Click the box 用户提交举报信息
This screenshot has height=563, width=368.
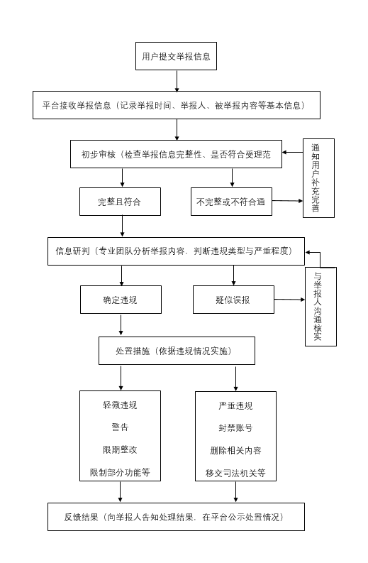pos(176,56)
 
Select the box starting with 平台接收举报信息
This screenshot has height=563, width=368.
pos(177,105)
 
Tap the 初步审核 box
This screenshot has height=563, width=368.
pos(176,154)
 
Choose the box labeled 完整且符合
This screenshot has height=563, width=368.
pos(120,202)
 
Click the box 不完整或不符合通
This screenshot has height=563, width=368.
pos(231,202)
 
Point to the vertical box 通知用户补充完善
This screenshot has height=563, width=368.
pos(318,178)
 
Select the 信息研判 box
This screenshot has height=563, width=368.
pos(176,251)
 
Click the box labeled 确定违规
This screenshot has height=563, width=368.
pos(121,300)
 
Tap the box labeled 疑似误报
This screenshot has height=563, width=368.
pos(233,300)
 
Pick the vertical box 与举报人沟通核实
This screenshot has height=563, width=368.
pos(320,307)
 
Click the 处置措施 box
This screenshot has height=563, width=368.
pos(177,351)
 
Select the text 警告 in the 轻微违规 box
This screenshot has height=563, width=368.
pos(120,427)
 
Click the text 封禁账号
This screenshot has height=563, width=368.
pos(235,428)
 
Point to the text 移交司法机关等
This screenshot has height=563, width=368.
pos(235,473)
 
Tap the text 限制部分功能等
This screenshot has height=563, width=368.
pos(120,472)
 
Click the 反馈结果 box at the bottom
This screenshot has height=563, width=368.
pos(176,517)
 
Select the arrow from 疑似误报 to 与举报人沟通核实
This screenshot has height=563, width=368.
pos(289,300)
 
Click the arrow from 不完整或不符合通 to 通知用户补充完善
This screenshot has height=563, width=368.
pos(287,201)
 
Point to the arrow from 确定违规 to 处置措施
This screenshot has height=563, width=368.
pos(121,325)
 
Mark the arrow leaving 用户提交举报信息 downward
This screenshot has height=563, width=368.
pos(177,81)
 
